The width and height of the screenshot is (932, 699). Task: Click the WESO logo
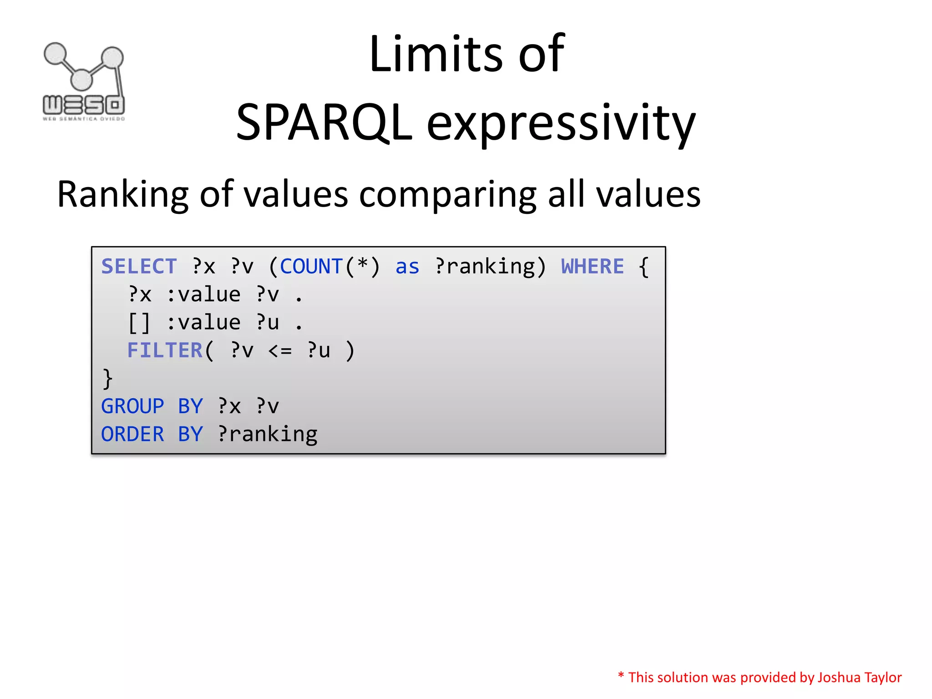click(x=84, y=82)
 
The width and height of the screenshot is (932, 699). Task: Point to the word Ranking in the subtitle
click(x=122, y=195)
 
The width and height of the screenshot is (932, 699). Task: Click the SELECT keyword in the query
click(x=139, y=267)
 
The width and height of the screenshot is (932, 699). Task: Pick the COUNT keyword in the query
click(x=311, y=267)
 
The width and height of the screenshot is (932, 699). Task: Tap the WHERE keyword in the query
click(x=592, y=267)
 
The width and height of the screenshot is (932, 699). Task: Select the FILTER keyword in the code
click(x=165, y=351)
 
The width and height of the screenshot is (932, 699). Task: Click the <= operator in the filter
click(x=280, y=351)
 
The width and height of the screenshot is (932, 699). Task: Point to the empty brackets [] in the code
click(x=139, y=323)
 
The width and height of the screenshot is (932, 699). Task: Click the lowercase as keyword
click(x=407, y=267)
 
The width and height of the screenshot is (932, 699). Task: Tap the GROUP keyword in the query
click(x=132, y=406)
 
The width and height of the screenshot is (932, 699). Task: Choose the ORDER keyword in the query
click(x=132, y=435)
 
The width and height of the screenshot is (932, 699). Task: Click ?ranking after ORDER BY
click(x=267, y=435)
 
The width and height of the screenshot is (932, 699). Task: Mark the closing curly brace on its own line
click(x=107, y=379)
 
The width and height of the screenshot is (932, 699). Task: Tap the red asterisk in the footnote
click(x=621, y=675)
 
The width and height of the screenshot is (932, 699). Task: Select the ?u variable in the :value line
click(x=267, y=323)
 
